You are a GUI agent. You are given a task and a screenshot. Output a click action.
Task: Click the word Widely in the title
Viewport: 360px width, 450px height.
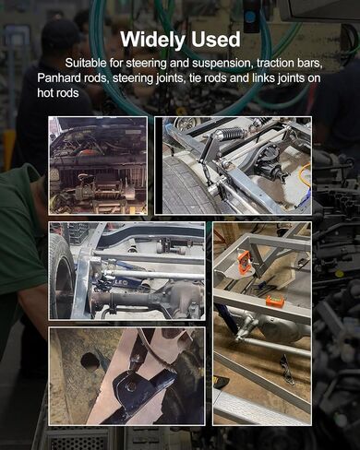(x=153, y=40)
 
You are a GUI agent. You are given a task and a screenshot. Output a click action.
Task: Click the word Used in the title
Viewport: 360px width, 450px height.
(x=215, y=40)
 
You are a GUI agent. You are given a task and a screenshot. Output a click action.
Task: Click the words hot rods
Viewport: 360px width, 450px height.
(x=58, y=92)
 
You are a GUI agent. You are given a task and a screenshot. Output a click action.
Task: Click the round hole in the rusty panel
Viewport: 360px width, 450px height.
(x=90, y=360)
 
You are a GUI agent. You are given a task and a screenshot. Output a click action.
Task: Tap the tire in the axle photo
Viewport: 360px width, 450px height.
(x=62, y=277)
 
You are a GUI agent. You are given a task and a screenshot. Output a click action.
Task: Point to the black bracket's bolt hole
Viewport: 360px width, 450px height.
(x=131, y=386)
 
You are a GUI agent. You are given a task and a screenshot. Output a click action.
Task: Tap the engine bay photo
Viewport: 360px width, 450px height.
(x=98, y=165)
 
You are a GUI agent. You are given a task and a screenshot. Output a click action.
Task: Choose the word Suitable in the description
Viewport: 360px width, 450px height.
(x=85, y=63)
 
